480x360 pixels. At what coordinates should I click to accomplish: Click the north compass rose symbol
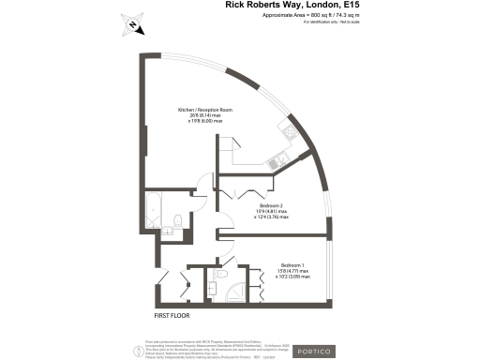click(x=134, y=26)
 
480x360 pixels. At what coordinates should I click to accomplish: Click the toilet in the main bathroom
click(x=175, y=226)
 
